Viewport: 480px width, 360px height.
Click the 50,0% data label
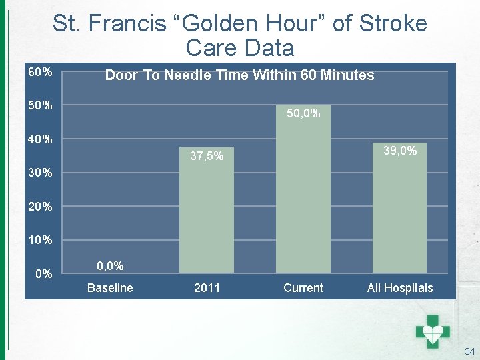(x=303, y=114)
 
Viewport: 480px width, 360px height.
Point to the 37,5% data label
(x=207, y=157)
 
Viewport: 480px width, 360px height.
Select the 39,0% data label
(x=400, y=151)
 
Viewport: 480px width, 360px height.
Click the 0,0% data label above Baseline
(x=110, y=266)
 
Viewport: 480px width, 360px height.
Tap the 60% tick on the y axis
(x=40, y=71)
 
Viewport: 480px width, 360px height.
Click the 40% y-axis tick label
(x=40, y=139)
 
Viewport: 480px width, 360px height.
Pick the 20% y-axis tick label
(x=40, y=207)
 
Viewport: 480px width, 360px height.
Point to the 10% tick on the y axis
(x=40, y=240)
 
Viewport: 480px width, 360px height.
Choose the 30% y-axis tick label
(x=40, y=173)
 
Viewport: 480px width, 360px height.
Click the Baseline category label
(x=110, y=288)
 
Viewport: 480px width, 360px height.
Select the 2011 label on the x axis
(x=207, y=288)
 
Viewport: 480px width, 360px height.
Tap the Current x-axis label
(x=303, y=288)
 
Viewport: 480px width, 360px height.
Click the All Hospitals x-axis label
(x=400, y=288)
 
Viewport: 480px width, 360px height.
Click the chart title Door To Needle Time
(x=239, y=75)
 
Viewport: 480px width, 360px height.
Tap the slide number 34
(x=469, y=351)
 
